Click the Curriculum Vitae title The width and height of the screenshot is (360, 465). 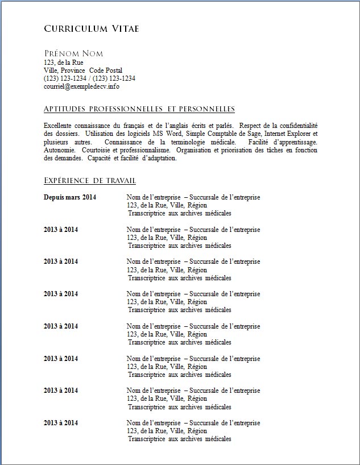click(x=91, y=28)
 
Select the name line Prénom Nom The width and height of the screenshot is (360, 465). click(x=73, y=53)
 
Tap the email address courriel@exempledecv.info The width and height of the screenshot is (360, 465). click(x=81, y=87)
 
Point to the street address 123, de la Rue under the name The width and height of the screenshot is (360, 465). click(x=64, y=63)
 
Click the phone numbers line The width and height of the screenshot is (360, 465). click(x=89, y=78)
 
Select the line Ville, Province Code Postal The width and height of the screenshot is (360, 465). click(x=83, y=70)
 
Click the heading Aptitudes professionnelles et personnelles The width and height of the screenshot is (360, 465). click(x=139, y=109)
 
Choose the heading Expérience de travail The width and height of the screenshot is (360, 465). click(x=90, y=181)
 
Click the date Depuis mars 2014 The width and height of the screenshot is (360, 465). click(x=70, y=197)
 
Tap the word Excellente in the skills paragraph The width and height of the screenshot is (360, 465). click(x=59, y=125)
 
